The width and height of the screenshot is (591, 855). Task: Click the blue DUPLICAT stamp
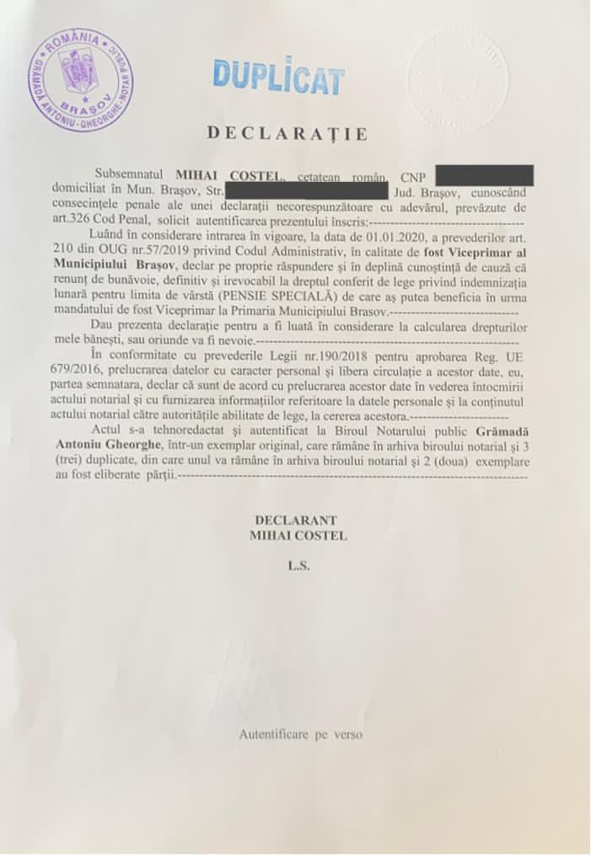tap(278, 77)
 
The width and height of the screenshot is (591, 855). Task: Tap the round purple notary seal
tap(79, 79)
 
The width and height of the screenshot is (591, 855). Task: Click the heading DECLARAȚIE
tap(287, 133)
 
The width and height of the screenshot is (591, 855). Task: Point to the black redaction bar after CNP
tap(484, 176)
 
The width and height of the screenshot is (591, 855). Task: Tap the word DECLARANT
tap(298, 521)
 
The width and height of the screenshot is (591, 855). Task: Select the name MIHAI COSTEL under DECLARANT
tap(298, 535)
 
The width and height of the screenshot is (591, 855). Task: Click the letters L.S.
tap(298, 567)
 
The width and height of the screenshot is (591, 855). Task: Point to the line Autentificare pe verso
tap(300, 735)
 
